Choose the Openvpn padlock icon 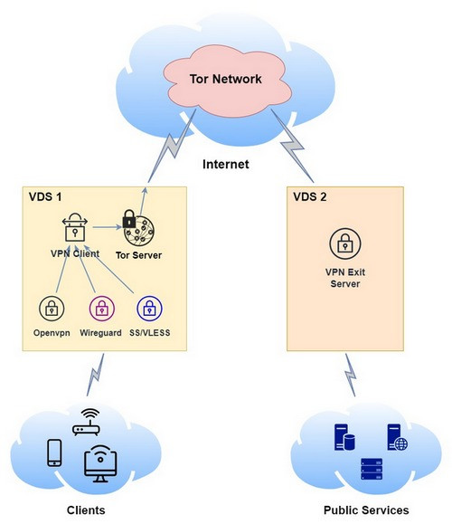coord(52,308)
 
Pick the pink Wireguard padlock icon coord(101,308)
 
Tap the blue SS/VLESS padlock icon coord(149,308)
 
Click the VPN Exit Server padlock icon coord(343,243)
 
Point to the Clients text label coord(86,510)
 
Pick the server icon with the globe coord(395,439)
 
